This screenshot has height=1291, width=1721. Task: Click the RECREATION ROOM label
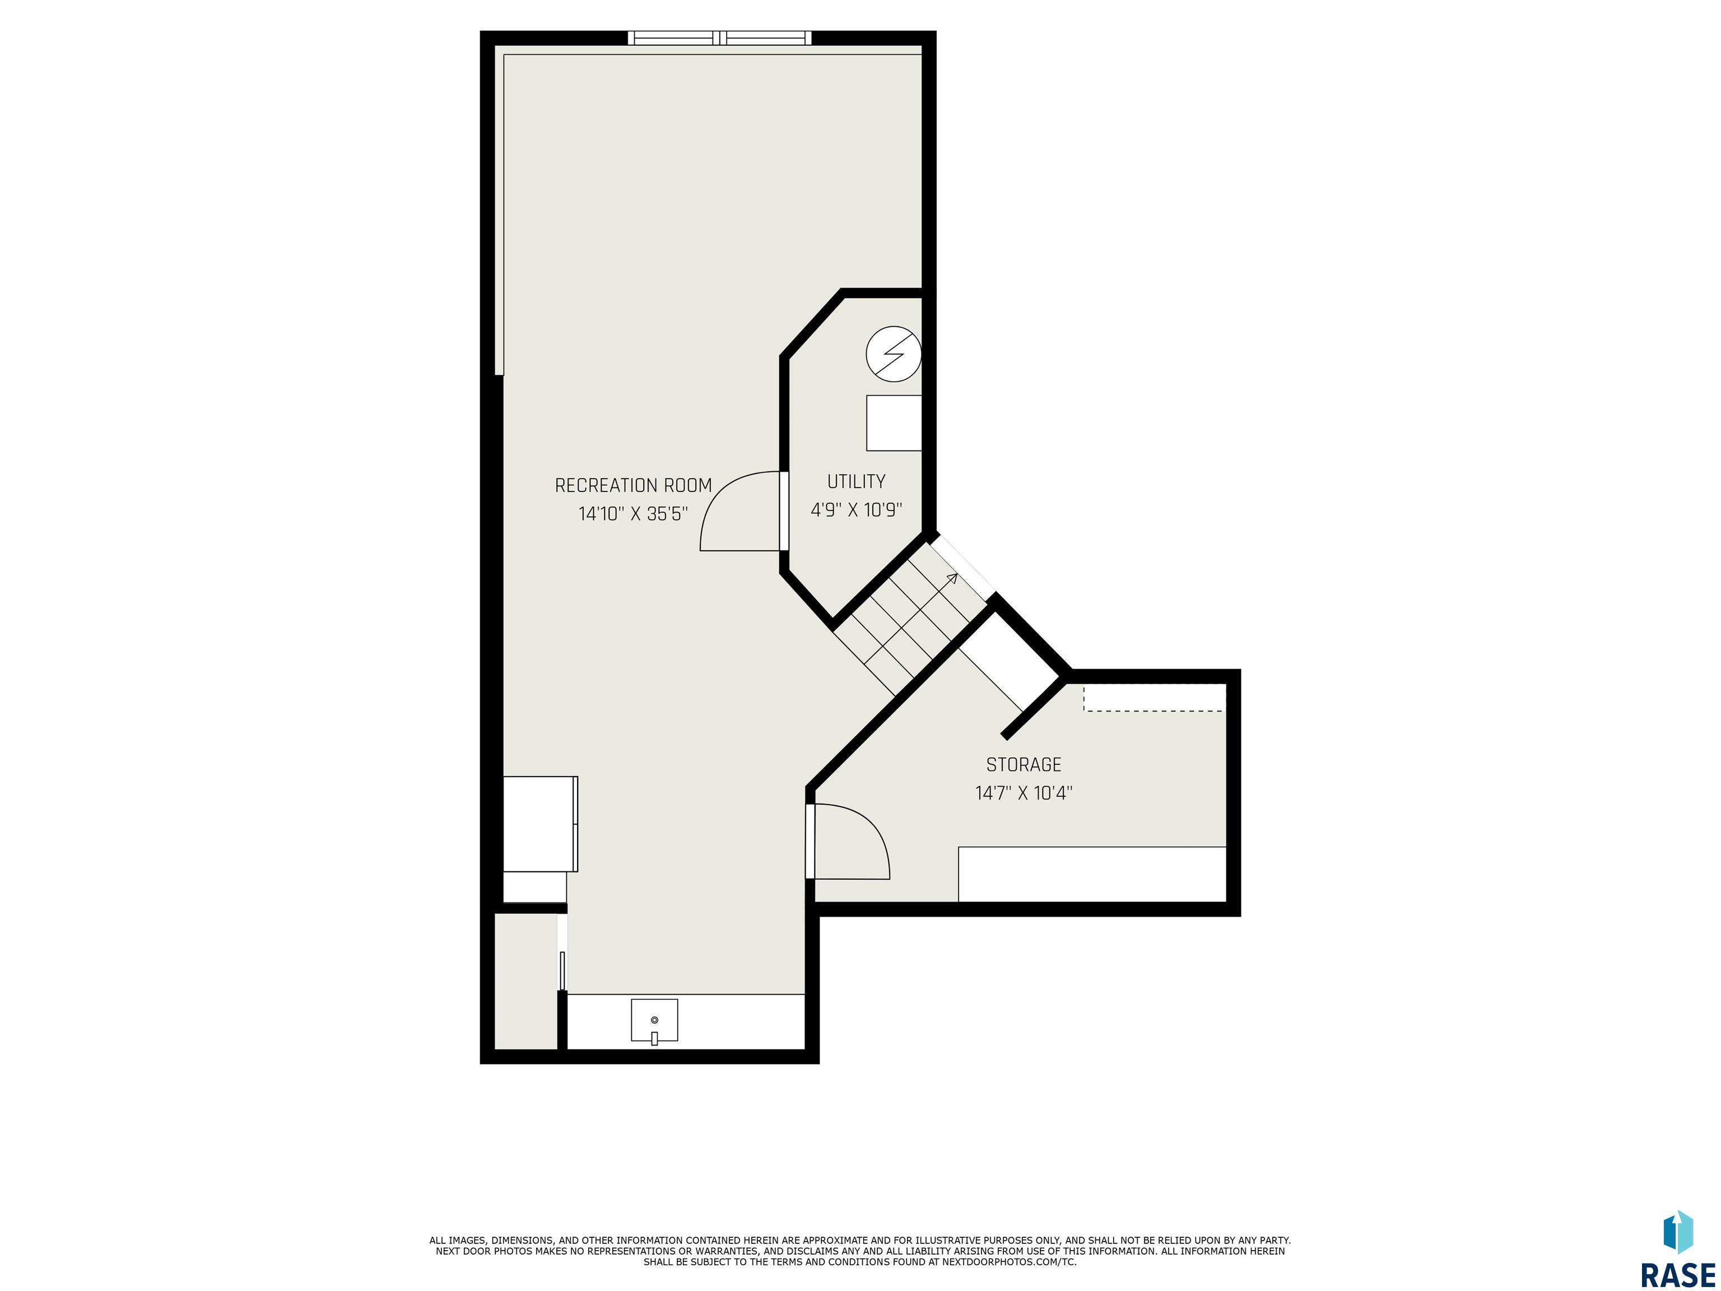click(x=633, y=486)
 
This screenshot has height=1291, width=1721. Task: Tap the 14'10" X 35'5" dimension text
click(x=633, y=514)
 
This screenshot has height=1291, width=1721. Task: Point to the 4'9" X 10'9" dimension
click(x=856, y=510)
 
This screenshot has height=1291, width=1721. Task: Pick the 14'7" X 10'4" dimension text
click(x=1024, y=793)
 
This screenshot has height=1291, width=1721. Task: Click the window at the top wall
click(x=720, y=38)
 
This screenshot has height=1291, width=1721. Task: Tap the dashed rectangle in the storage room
click(x=1153, y=698)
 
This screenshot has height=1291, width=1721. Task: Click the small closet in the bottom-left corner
click(x=526, y=981)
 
